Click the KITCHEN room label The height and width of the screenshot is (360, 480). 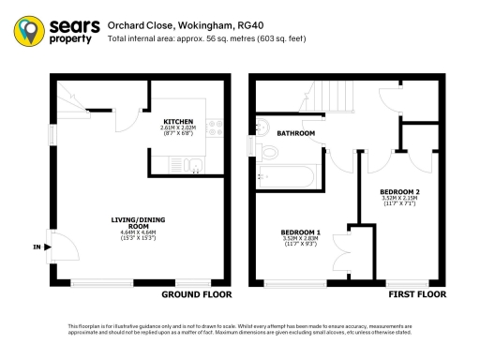point(178,122)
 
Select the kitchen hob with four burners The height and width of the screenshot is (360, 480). point(212,127)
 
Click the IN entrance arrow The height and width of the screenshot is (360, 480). point(37,247)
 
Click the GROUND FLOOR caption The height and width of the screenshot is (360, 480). point(197,294)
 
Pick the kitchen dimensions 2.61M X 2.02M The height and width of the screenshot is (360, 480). point(178,129)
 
